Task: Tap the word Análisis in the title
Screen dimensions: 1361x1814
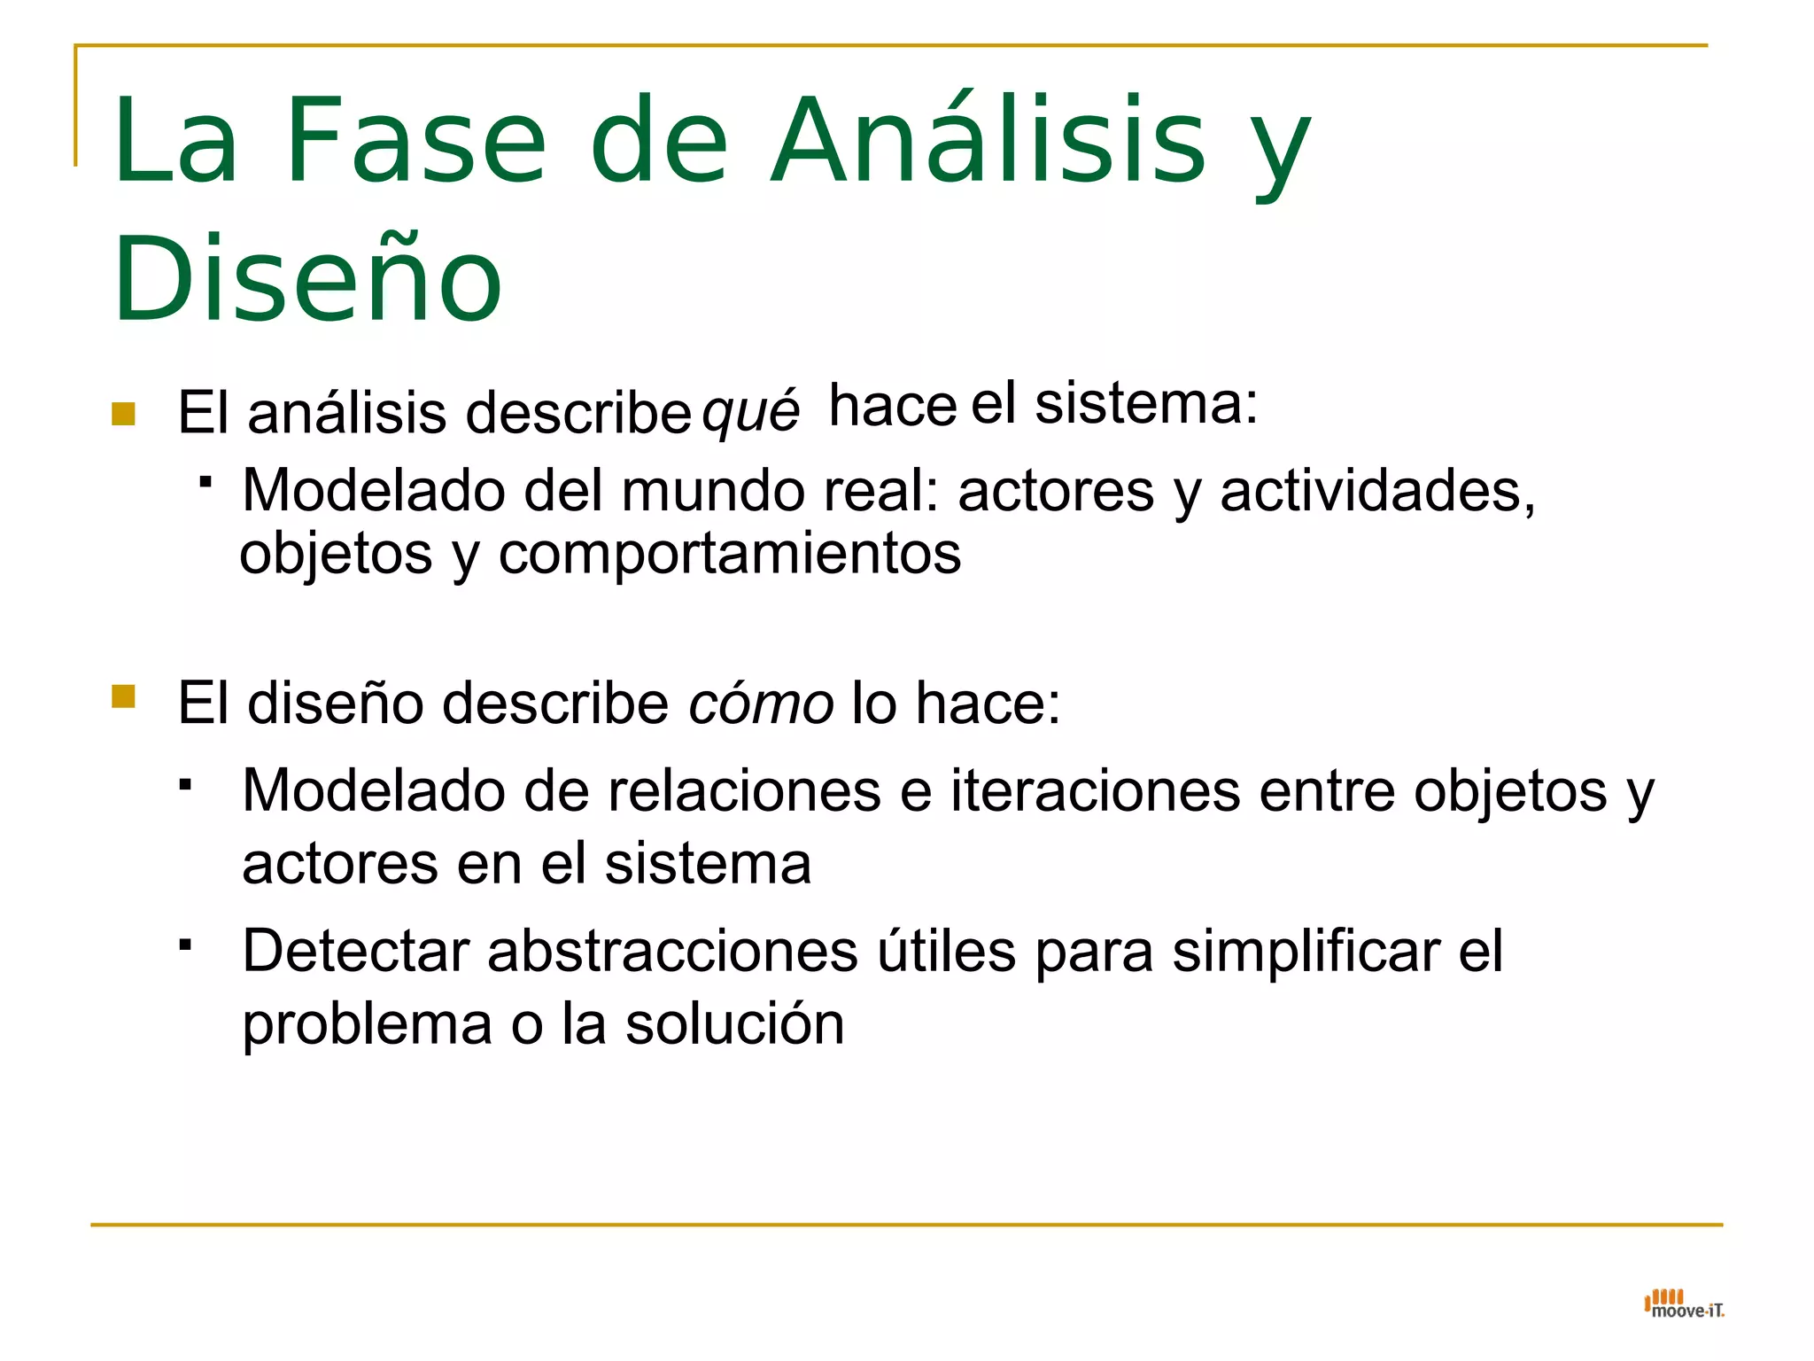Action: (987, 142)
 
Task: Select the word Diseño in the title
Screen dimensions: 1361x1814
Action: (307, 278)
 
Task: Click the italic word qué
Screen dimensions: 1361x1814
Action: (750, 412)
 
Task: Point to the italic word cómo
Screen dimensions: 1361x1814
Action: (761, 704)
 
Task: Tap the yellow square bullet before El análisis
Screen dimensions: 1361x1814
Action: (123, 414)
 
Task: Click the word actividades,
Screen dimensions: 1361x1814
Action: (1377, 491)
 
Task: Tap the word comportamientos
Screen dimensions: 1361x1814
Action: (729, 555)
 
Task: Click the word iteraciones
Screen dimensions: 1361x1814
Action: (1096, 790)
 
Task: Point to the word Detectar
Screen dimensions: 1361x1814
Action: (355, 952)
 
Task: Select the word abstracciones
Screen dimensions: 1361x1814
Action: (672, 952)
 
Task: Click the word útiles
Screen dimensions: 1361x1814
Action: (946, 952)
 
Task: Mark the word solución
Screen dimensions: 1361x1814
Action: (734, 1024)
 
